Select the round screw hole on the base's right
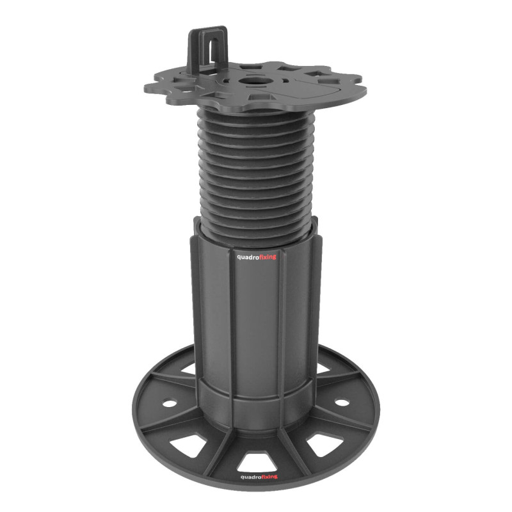tap(342, 403)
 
